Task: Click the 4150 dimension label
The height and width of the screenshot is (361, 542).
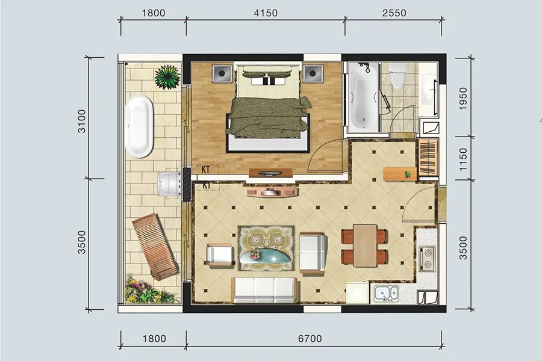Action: tap(266, 13)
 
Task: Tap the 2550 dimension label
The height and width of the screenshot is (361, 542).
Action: tap(394, 13)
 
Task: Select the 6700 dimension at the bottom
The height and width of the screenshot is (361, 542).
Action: tap(310, 339)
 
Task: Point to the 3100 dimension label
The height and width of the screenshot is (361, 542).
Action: tap(81, 121)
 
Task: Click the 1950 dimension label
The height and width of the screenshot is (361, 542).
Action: tap(463, 99)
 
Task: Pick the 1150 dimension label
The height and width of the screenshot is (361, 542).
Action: tap(463, 159)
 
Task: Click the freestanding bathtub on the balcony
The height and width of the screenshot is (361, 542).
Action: tap(139, 127)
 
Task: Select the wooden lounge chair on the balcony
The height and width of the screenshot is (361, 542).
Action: tap(155, 246)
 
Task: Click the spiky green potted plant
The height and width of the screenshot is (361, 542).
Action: tap(167, 76)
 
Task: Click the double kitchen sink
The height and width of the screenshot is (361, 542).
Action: tap(386, 294)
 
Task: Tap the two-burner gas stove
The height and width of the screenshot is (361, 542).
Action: tap(427, 258)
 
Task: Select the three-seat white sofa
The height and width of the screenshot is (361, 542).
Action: tap(264, 290)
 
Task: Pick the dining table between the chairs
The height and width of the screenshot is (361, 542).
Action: tap(365, 245)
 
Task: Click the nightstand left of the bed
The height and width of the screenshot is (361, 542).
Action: tap(222, 73)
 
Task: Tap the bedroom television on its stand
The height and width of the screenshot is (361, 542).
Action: tap(270, 173)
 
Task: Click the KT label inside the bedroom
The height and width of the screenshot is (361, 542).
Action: tap(206, 170)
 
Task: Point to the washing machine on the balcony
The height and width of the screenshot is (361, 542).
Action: tap(169, 184)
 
